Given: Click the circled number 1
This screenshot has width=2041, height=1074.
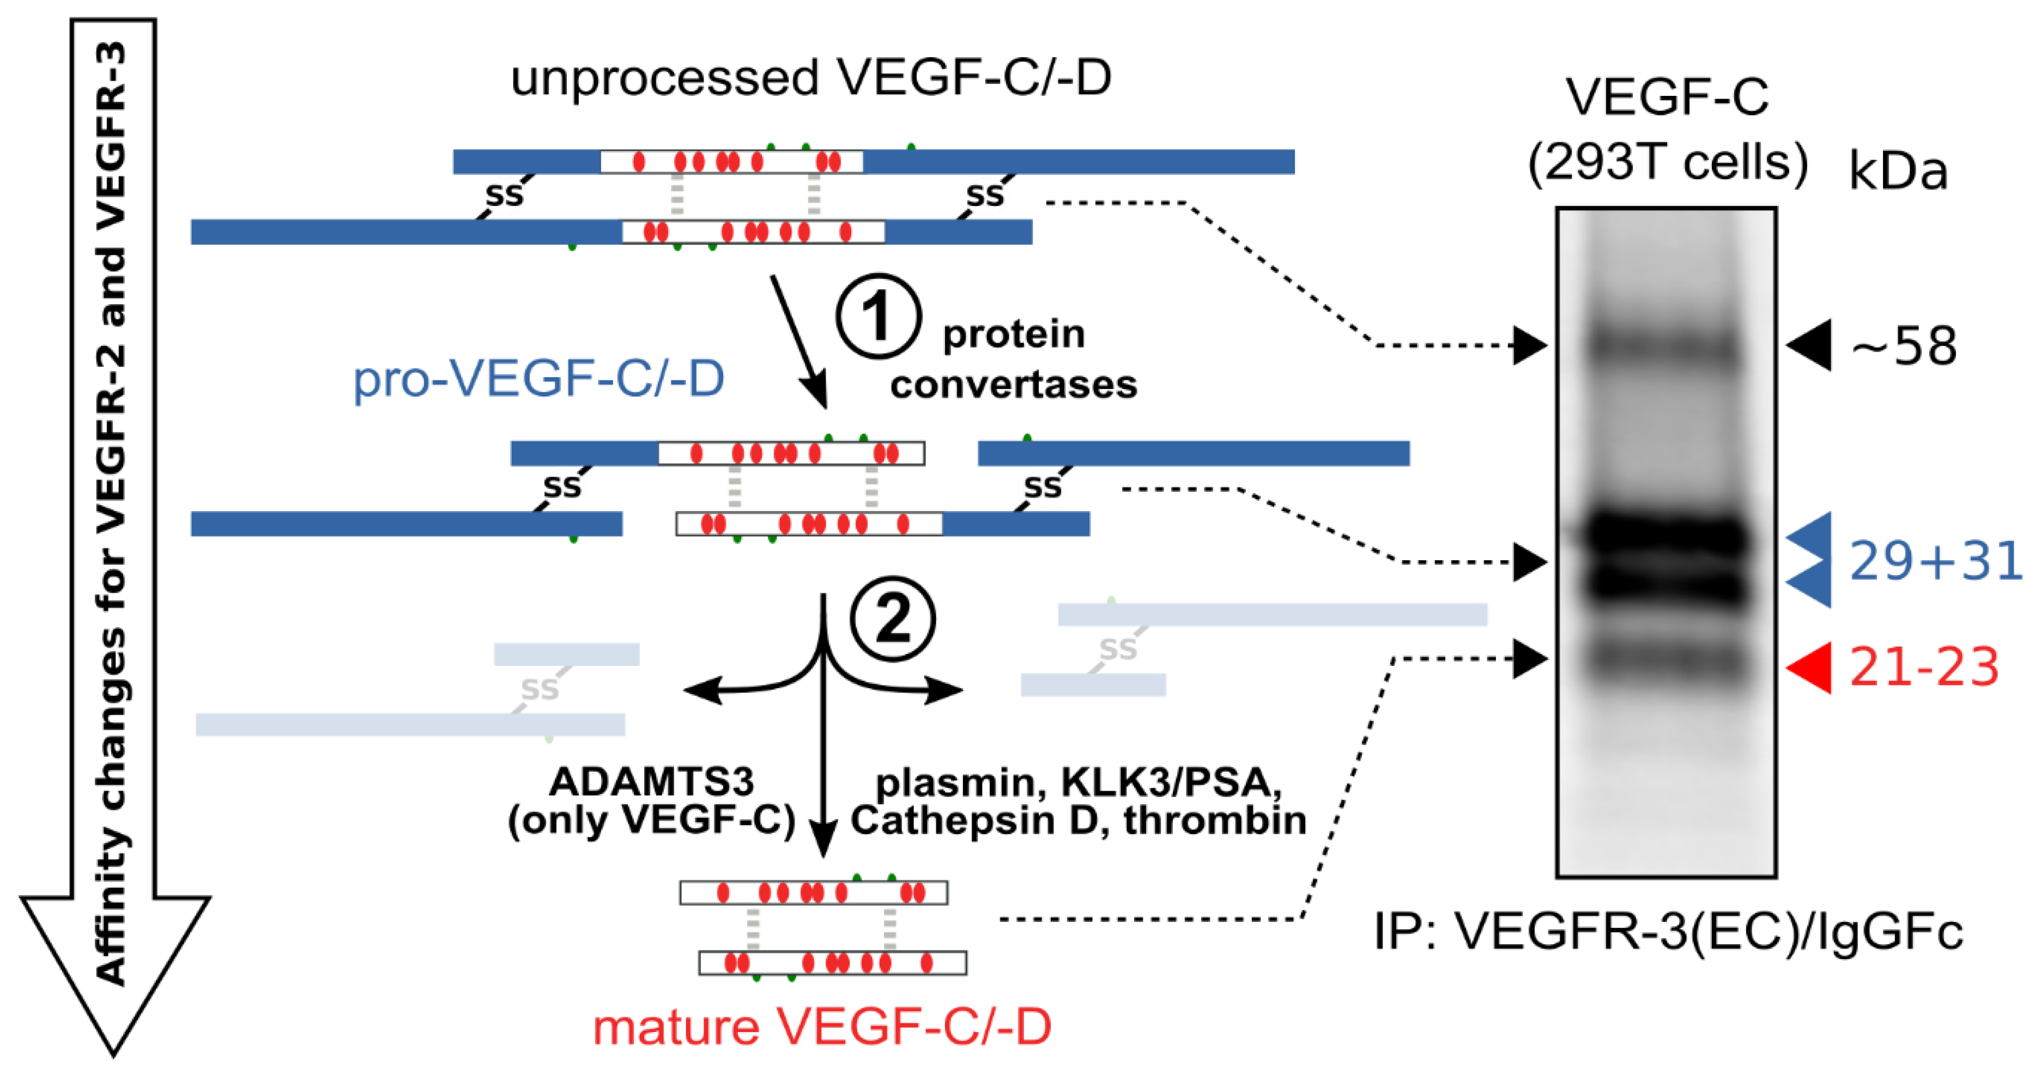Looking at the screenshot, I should click(878, 316).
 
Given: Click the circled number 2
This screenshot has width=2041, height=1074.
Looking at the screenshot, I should click(893, 618).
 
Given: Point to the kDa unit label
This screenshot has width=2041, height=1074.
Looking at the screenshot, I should click(1898, 171).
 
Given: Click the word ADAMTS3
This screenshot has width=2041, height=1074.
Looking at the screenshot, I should click(651, 782).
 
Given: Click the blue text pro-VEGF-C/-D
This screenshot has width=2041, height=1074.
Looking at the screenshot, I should click(538, 379).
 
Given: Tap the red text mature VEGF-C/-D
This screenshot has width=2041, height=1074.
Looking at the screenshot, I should click(822, 1027).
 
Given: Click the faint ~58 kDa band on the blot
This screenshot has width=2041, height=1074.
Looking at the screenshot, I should click(1666, 345).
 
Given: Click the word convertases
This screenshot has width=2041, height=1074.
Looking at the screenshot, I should click(1013, 385).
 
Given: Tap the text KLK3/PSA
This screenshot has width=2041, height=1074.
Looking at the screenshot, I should click(1171, 782).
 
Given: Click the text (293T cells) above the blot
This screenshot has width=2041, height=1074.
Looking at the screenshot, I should click(1667, 163).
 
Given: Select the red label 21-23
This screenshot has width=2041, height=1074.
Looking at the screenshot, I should click(1924, 667).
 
